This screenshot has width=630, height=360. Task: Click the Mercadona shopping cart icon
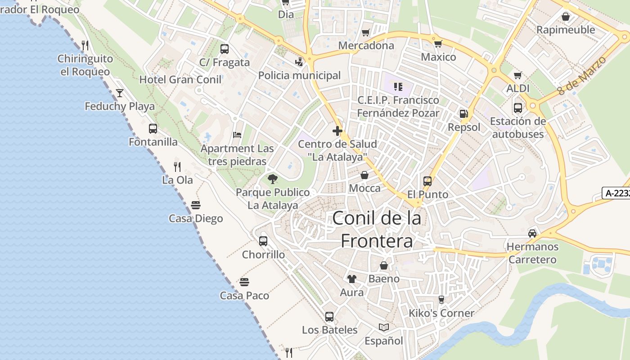(x=365, y=32)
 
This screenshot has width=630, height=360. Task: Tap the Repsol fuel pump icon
(x=463, y=114)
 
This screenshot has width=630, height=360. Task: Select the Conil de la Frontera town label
(x=377, y=229)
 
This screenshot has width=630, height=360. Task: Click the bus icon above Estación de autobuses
(x=518, y=108)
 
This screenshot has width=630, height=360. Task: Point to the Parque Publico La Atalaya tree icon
(x=272, y=179)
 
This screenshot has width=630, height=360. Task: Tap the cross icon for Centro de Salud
(x=337, y=131)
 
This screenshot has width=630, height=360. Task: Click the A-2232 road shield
(x=616, y=193)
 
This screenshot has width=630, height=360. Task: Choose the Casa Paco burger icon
(x=244, y=282)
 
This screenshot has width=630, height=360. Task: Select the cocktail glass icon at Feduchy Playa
(x=120, y=93)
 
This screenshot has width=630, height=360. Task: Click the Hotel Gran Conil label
(x=180, y=80)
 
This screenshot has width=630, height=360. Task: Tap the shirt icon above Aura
(x=352, y=279)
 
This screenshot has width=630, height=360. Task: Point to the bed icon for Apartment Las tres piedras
(x=237, y=135)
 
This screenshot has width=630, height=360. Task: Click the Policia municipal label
(x=299, y=75)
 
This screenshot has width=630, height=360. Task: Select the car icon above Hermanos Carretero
(x=532, y=233)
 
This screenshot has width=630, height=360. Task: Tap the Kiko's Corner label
(x=441, y=313)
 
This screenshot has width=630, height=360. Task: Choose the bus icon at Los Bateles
(x=329, y=317)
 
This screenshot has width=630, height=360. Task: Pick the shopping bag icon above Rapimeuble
(x=566, y=17)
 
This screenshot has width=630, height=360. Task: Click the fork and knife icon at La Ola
(x=177, y=166)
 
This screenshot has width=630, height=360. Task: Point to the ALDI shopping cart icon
(x=518, y=75)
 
